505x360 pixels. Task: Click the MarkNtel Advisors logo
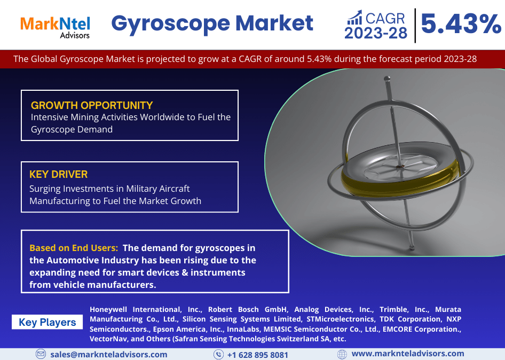(55, 27)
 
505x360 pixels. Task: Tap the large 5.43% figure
(461, 24)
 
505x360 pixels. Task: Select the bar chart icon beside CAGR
(354, 18)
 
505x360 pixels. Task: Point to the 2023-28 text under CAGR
(376, 33)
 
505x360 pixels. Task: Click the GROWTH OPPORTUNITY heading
(92, 105)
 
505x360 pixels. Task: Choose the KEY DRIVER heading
(58, 174)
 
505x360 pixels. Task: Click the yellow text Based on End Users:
(74, 248)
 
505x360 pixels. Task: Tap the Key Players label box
(48, 322)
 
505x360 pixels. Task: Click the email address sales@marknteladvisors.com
(109, 355)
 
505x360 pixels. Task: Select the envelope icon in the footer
(41, 354)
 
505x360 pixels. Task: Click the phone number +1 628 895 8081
(258, 355)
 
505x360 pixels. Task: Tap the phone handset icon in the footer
(218, 355)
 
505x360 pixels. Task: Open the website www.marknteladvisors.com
(408, 354)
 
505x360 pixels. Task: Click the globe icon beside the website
(342, 354)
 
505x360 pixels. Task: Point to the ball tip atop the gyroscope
(387, 79)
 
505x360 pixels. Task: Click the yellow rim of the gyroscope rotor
(399, 185)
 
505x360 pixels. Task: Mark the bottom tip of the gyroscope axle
(412, 248)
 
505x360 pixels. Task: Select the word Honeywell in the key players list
(108, 310)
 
